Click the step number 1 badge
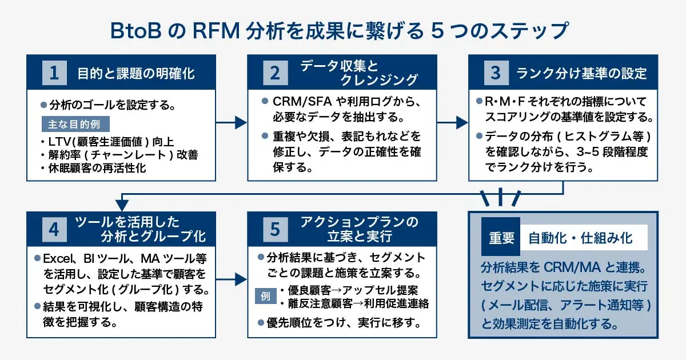tap(55, 73)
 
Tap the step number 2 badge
tap(275, 73)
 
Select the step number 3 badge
tap(495, 73)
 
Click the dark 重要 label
tap(501, 237)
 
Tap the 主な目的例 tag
tap(75, 125)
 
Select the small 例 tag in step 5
tap(265, 296)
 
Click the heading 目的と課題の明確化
tap(136, 73)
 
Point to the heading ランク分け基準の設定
tap(581, 73)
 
